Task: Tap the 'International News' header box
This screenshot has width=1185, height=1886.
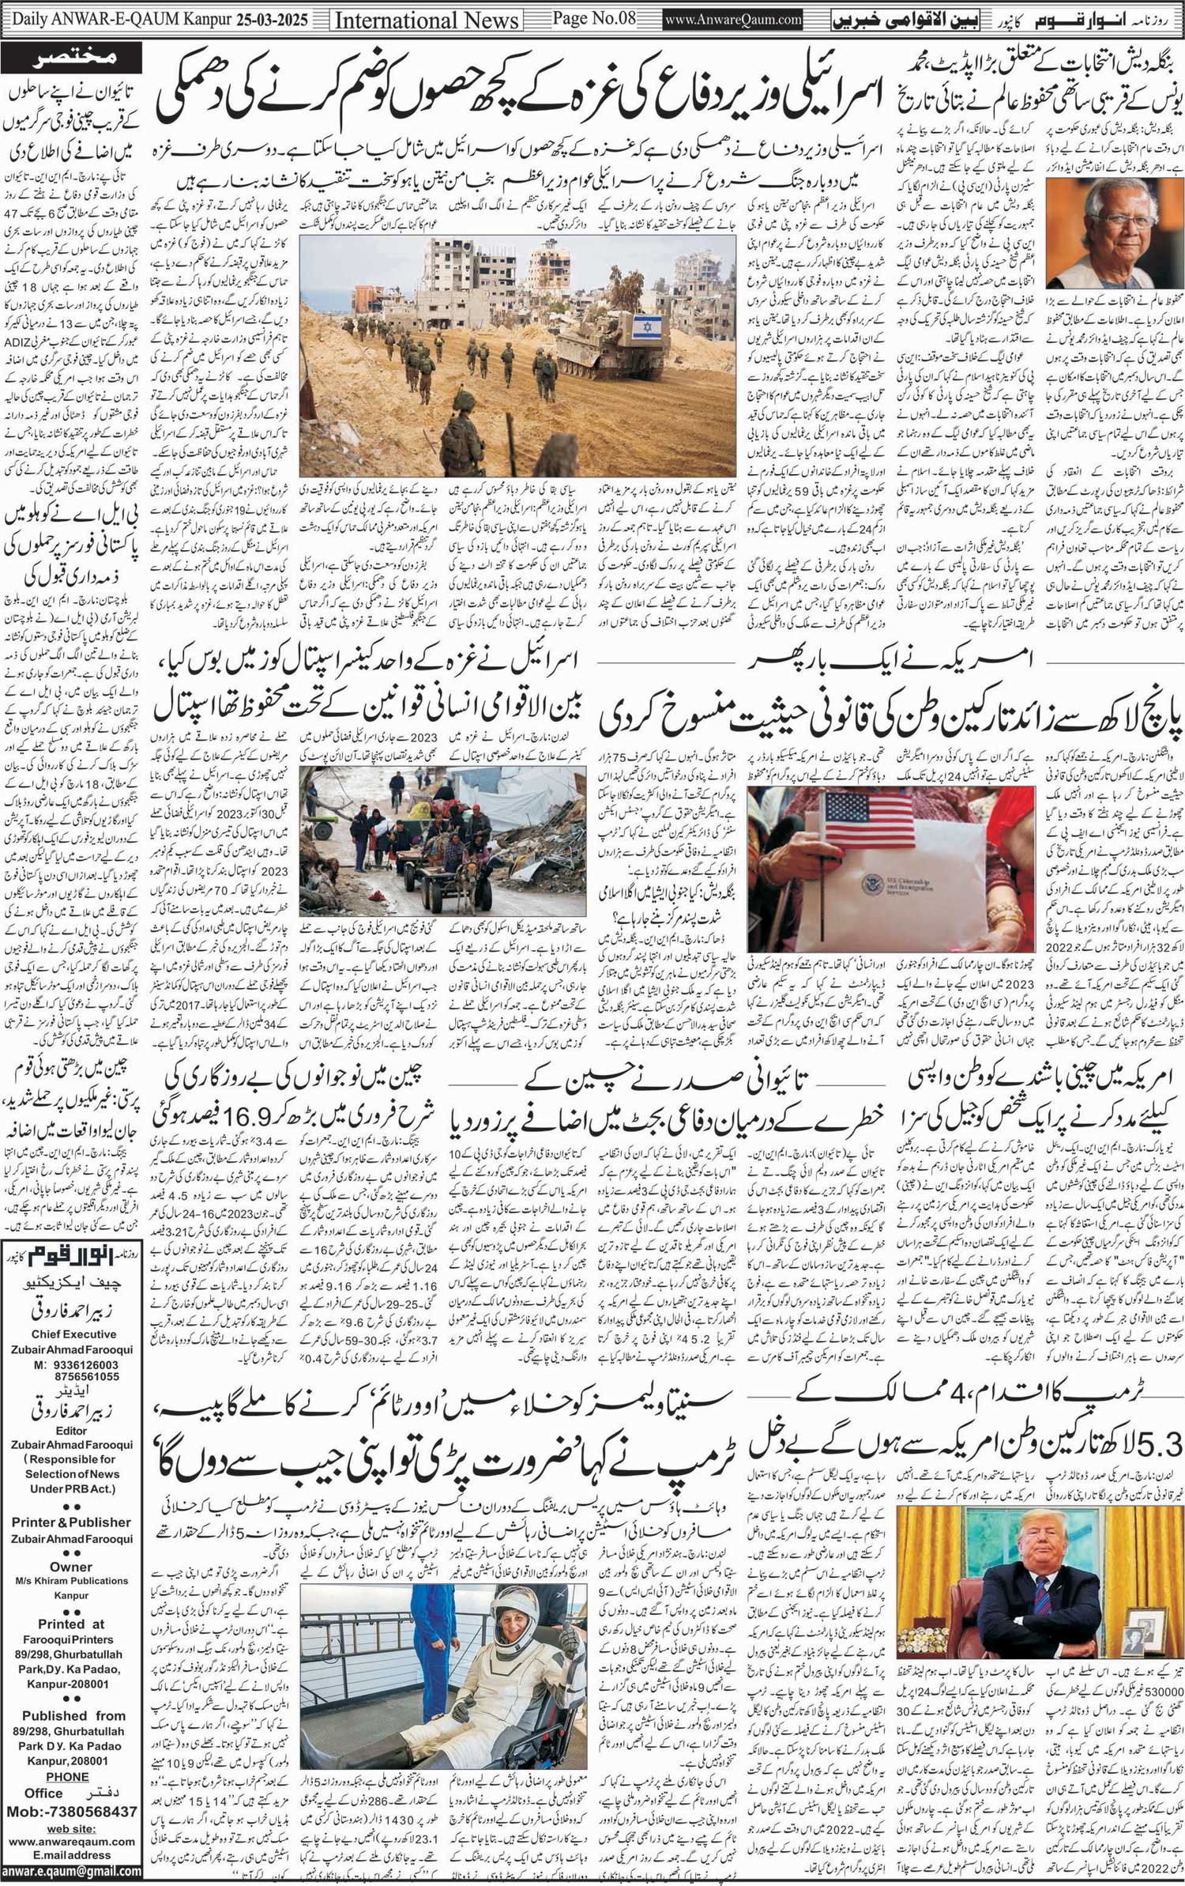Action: (427, 20)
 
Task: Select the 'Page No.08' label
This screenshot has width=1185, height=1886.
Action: (592, 17)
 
